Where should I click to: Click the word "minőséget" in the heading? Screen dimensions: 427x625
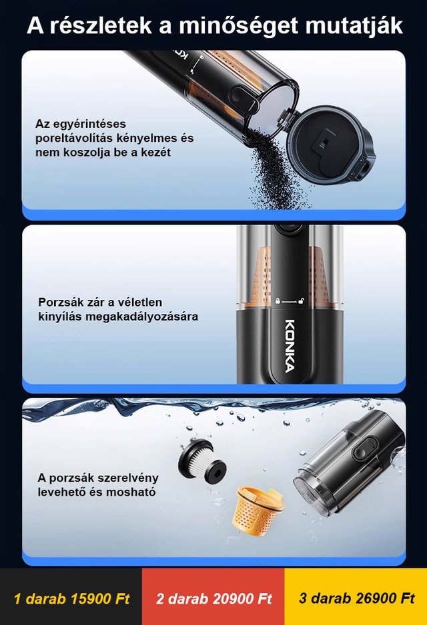click(238, 26)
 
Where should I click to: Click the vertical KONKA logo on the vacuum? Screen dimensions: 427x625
click(290, 345)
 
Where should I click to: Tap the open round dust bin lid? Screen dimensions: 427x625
click(330, 145)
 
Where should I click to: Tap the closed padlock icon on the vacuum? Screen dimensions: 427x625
click(277, 301)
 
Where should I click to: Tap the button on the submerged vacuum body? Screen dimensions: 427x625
click(365, 450)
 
